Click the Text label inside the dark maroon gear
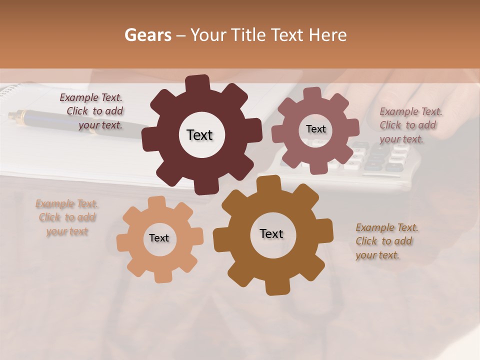(199, 135)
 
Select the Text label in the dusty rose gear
(315, 129)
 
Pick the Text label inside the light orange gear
(159, 238)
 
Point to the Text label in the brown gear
(271, 233)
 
